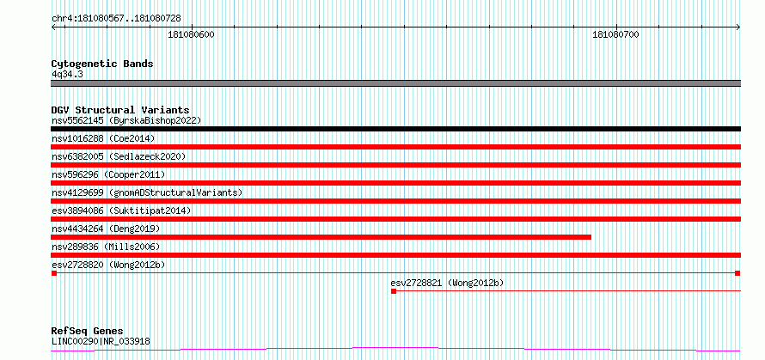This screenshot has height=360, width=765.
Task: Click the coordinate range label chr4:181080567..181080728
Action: click(x=116, y=19)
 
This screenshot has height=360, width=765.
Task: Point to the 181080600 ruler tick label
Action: click(x=191, y=35)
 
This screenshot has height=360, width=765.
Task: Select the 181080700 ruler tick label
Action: click(x=615, y=35)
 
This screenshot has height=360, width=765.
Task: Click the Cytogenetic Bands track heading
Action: click(x=102, y=64)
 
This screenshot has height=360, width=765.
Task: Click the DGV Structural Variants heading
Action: click(x=120, y=110)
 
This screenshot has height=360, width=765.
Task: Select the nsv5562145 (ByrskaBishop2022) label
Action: click(x=126, y=120)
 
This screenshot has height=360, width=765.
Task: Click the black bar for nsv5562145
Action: click(x=396, y=129)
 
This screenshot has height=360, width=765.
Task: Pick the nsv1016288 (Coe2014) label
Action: click(x=103, y=138)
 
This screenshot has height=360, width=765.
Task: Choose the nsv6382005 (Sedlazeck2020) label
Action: click(x=119, y=156)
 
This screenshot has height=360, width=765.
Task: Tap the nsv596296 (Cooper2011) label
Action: click(x=108, y=174)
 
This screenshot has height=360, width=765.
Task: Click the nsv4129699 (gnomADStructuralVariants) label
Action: click(x=147, y=192)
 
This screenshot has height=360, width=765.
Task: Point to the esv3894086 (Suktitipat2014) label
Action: click(x=121, y=211)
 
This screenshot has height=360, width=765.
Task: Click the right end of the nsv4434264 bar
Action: click(x=591, y=237)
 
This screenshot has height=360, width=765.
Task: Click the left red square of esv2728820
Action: click(x=54, y=273)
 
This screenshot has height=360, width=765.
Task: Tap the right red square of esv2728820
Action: click(x=737, y=273)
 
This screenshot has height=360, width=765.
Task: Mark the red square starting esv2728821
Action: click(x=394, y=291)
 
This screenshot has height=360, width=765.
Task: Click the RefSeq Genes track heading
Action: click(x=88, y=332)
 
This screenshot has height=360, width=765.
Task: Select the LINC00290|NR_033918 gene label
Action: click(x=101, y=341)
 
